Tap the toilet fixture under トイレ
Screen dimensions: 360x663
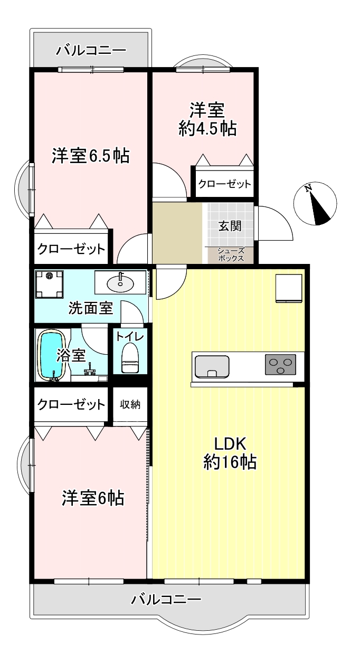pyautogui.click(x=130, y=357)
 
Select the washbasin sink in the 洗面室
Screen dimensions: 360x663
pyautogui.click(x=120, y=284)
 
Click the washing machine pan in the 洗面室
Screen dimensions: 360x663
pyautogui.click(x=50, y=284)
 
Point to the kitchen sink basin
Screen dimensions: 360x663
pyautogui.click(x=211, y=366)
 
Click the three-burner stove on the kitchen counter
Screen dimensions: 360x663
pyautogui.click(x=280, y=364)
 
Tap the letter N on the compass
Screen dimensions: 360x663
pyautogui.click(x=308, y=187)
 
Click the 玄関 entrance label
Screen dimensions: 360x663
pyautogui.click(x=230, y=226)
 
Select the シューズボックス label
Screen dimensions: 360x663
pyautogui.click(x=231, y=254)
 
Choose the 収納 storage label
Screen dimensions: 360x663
pyautogui.click(x=130, y=404)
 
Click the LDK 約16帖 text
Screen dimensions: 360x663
pyautogui.click(x=230, y=453)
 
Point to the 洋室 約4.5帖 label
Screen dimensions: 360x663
pyautogui.click(x=207, y=119)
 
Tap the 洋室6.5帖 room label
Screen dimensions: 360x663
pyautogui.click(x=91, y=156)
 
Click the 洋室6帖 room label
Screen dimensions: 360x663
pyautogui.click(x=93, y=498)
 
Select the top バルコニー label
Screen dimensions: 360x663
pyautogui.click(x=91, y=51)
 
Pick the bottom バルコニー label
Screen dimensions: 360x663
pyautogui.click(x=166, y=600)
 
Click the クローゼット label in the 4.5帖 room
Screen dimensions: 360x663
pyautogui.click(x=225, y=184)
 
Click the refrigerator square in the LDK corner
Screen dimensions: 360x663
pyautogui.click(x=289, y=288)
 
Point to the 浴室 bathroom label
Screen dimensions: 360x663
pyautogui.click(x=71, y=355)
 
